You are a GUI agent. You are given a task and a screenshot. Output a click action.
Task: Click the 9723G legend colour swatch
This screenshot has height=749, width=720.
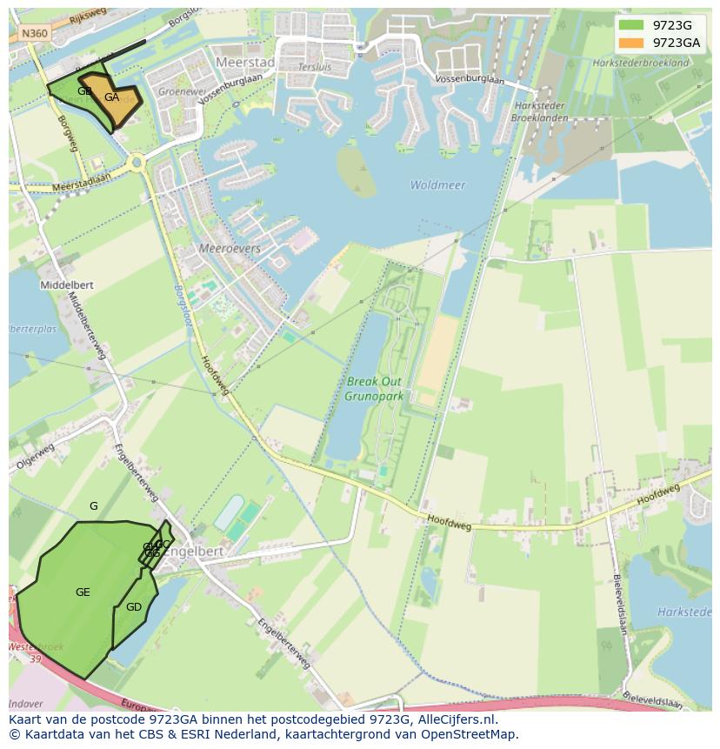[632, 25]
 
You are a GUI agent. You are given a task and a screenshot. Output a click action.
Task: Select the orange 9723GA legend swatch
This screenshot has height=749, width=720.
[632, 43]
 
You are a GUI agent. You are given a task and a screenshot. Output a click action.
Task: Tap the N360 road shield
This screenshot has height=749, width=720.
[35, 33]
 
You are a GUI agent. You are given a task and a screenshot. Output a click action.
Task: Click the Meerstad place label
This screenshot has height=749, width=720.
[244, 63]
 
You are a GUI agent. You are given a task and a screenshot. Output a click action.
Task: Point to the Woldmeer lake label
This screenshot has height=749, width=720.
[437, 185]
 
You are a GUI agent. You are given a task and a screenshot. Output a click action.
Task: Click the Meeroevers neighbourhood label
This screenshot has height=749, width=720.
[230, 248]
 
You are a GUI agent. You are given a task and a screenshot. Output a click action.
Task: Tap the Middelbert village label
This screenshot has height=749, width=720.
[67, 284]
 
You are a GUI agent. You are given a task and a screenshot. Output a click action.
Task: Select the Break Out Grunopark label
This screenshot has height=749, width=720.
[375, 388]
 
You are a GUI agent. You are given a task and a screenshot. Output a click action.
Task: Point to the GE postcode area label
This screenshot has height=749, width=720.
[83, 592]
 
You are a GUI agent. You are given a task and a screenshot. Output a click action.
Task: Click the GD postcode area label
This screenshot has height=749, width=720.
[133, 607]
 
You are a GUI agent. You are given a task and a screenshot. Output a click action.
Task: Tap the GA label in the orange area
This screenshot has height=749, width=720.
[111, 97]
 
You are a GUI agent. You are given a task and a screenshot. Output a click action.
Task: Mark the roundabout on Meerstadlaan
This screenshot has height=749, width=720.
[137, 162]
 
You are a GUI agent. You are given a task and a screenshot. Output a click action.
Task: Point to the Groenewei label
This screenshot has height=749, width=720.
[177, 90]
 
